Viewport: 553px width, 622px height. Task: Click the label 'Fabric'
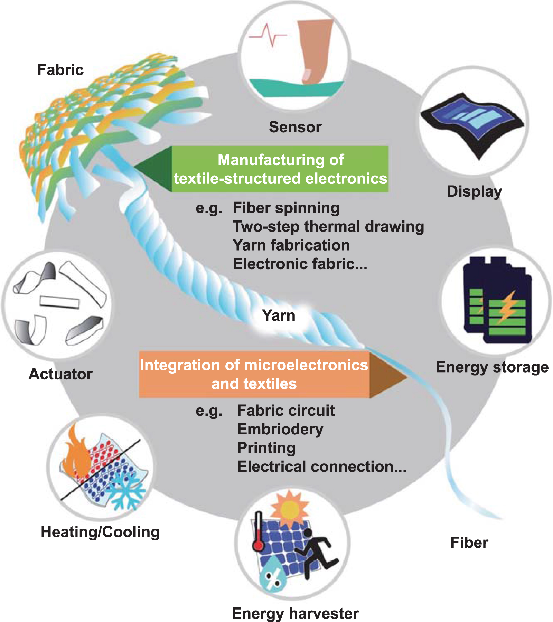[x=60, y=70]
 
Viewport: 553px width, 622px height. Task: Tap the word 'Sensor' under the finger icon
[x=295, y=127]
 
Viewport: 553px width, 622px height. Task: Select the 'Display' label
[x=474, y=191]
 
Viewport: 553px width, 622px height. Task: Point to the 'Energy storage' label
[x=492, y=367]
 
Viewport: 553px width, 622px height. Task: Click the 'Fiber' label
[x=469, y=543]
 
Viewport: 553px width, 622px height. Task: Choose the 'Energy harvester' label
[x=295, y=613]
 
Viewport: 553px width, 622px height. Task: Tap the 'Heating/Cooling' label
[x=100, y=532]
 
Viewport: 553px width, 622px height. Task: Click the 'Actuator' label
[x=60, y=374]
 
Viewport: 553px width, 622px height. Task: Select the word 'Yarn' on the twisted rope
[x=279, y=315]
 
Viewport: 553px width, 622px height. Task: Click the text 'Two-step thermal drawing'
[x=328, y=227]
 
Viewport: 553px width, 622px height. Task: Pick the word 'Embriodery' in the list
[x=280, y=429]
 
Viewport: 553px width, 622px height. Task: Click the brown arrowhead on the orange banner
[x=385, y=375]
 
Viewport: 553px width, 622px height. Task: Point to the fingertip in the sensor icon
[x=308, y=74]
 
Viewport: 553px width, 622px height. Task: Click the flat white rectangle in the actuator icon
[x=59, y=302]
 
